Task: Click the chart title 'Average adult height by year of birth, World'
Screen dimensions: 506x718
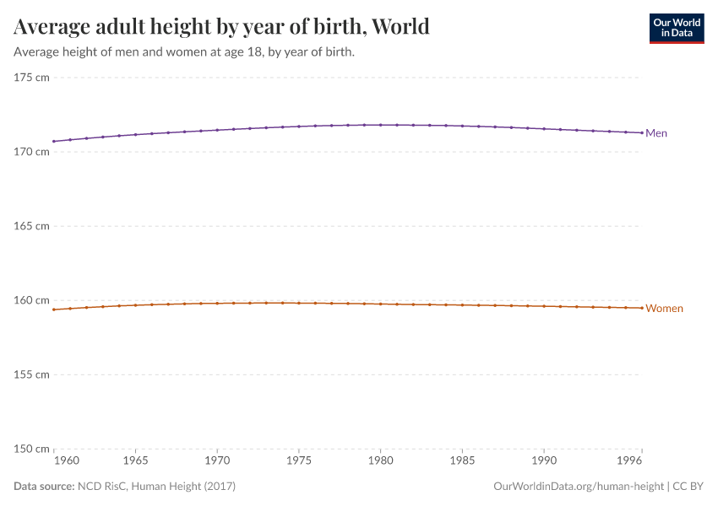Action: tap(221, 27)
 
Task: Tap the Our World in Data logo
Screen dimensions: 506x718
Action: tap(676, 28)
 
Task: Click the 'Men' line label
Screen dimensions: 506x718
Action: tap(656, 133)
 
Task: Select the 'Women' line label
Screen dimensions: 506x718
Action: tap(664, 309)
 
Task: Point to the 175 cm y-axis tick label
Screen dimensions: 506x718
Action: tap(32, 78)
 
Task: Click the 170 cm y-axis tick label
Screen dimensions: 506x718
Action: tap(32, 152)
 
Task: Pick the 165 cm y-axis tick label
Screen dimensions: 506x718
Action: tap(32, 226)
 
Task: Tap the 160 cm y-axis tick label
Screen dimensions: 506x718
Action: tap(32, 300)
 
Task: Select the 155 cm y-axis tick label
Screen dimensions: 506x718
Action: tap(32, 374)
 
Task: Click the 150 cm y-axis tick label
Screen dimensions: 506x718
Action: tap(32, 449)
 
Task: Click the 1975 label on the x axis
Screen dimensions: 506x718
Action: tap(299, 462)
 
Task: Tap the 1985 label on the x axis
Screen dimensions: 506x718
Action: tap(462, 462)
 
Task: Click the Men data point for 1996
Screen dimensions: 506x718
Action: tap(642, 132)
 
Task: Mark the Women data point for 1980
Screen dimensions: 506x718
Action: tap(380, 304)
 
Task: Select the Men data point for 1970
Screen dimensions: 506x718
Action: tap(217, 130)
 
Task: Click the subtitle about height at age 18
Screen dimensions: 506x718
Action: tap(183, 52)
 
